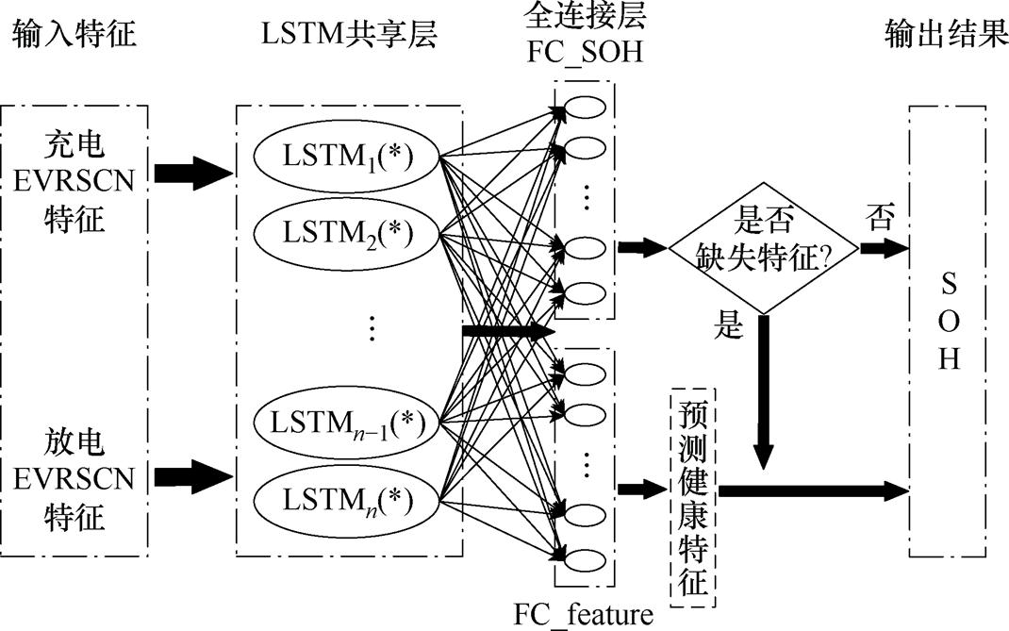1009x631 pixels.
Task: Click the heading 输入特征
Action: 74,35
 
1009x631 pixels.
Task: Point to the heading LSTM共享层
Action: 351,35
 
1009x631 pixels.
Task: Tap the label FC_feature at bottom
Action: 583,616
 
